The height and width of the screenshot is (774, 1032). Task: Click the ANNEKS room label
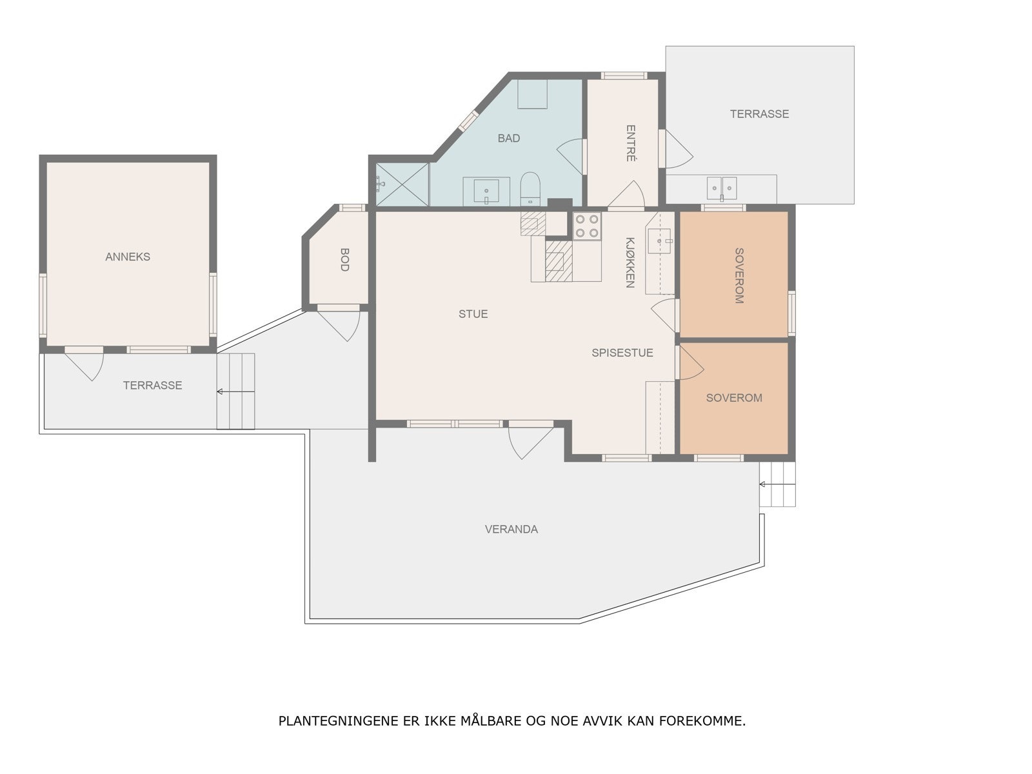pyautogui.click(x=128, y=257)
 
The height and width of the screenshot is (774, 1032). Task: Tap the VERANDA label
pyautogui.click(x=511, y=530)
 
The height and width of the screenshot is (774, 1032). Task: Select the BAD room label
pyautogui.click(x=508, y=138)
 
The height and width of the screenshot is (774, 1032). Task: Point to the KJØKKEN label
pyautogui.click(x=630, y=262)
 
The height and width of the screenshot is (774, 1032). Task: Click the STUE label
pyautogui.click(x=473, y=314)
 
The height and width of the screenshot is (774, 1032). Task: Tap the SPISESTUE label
pyautogui.click(x=622, y=353)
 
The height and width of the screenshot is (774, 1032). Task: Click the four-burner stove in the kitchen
pyautogui.click(x=587, y=226)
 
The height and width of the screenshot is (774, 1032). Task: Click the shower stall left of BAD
pyautogui.click(x=402, y=184)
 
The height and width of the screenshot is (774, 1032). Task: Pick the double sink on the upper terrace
pyautogui.click(x=722, y=188)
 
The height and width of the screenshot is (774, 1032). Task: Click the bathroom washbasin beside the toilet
pyautogui.click(x=486, y=191)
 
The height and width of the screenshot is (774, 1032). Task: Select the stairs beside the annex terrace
pyautogui.click(x=235, y=392)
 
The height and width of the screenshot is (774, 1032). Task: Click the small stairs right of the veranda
pyautogui.click(x=777, y=484)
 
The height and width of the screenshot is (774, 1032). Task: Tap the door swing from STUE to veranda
pyautogui.click(x=529, y=440)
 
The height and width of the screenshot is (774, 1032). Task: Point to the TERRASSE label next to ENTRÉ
pyautogui.click(x=759, y=114)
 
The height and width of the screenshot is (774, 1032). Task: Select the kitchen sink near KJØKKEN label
pyautogui.click(x=659, y=241)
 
